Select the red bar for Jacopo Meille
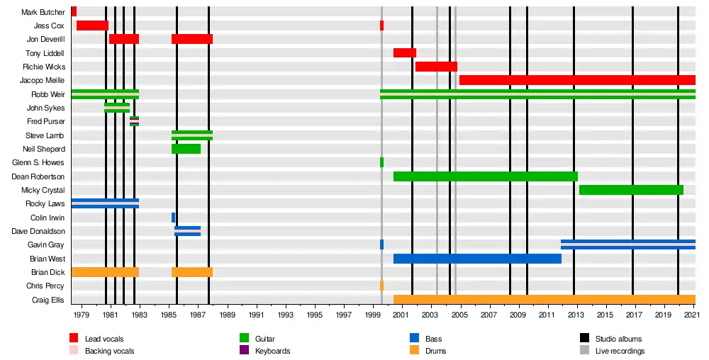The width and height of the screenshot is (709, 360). click(x=577, y=80)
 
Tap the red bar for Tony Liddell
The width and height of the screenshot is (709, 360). click(x=405, y=53)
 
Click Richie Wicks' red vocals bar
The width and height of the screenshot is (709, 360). click(x=436, y=67)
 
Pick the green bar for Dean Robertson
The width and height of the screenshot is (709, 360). click(x=485, y=176)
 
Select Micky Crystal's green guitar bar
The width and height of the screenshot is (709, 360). click(x=631, y=190)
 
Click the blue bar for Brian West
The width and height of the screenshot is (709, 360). click(x=477, y=259)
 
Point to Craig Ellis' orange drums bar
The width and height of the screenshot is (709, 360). click(x=544, y=299)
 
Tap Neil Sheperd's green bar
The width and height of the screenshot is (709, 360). click(x=186, y=149)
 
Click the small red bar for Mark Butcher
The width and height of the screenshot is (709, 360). click(x=74, y=12)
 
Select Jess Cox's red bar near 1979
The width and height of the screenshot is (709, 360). click(x=92, y=26)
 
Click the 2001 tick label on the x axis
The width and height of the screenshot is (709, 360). click(x=401, y=315)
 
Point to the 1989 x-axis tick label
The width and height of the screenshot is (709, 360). click(x=227, y=315)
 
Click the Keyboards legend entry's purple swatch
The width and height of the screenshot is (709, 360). click(x=245, y=350)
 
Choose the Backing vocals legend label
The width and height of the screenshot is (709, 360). click(x=109, y=351)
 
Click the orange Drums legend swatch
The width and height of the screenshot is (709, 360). click(x=414, y=350)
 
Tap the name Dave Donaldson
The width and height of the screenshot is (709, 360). click(x=38, y=231)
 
